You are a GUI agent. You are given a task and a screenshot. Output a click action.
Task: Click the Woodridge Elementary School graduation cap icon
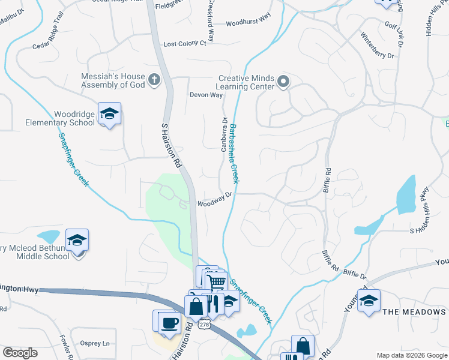tap(110, 113)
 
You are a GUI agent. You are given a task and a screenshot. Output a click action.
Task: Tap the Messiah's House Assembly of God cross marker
tap(154, 80)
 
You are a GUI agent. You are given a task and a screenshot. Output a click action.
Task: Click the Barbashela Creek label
tap(234, 153)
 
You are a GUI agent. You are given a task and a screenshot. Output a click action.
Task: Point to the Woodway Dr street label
tap(214, 199)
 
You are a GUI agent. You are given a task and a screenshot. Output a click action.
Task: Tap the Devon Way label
tap(206, 95)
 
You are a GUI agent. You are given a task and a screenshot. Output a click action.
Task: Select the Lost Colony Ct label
tap(184, 44)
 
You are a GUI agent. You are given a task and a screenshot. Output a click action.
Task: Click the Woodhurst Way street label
tap(248, 24)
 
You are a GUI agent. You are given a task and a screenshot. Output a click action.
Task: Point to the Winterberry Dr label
tap(377, 46)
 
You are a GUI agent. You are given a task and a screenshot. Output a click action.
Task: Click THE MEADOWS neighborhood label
tap(415, 312)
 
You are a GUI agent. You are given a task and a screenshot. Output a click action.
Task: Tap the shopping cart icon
tap(217, 280)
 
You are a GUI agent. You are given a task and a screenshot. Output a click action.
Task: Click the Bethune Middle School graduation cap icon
tap(77, 241)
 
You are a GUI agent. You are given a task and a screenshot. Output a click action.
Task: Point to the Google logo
tap(20, 353)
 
